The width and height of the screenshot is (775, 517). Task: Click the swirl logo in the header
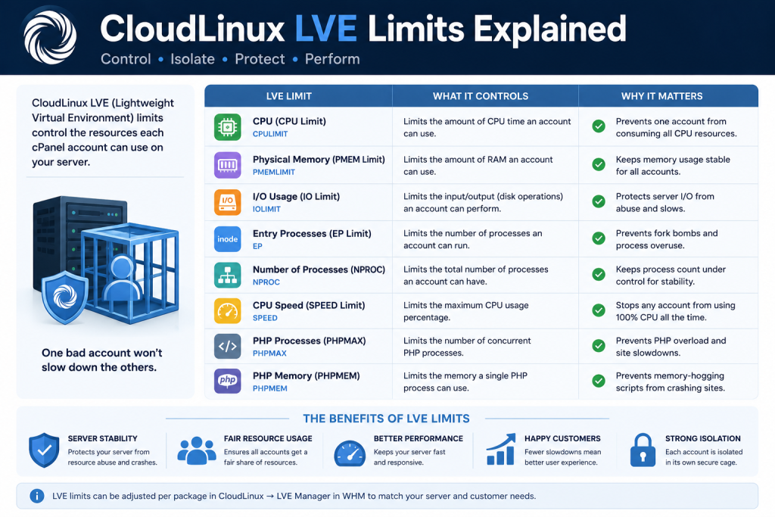pyautogui.click(x=50, y=36)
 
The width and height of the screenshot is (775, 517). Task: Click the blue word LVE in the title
pyautogui.click(x=325, y=29)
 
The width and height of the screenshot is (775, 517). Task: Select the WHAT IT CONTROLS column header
pyautogui.click(x=481, y=96)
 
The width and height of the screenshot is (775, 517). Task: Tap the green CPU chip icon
pyautogui.click(x=227, y=127)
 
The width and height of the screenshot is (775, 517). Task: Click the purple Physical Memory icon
pyautogui.click(x=227, y=164)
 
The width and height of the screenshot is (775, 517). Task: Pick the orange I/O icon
pyautogui.click(x=227, y=202)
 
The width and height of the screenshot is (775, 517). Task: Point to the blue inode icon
pyautogui.click(x=227, y=238)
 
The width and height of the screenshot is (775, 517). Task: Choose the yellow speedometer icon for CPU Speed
pyautogui.click(x=227, y=311)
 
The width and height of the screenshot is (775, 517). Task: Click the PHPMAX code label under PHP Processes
pyautogui.click(x=269, y=353)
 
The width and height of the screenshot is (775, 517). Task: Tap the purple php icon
pyautogui.click(x=227, y=381)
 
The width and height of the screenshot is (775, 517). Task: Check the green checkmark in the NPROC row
pyautogui.click(x=599, y=274)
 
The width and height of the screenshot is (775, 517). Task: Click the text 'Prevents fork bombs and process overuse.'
pyautogui.click(x=666, y=239)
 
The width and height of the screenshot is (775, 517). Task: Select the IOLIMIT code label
pyautogui.click(x=266, y=209)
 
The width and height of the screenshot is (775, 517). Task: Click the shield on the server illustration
pyautogui.click(x=65, y=297)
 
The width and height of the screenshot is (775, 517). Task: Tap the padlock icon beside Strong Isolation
pyautogui.click(x=643, y=450)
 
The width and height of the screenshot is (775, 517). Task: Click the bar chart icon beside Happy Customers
pyautogui.click(x=501, y=450)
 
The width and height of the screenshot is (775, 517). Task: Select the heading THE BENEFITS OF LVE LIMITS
pyautogui.click(x=386, y=419)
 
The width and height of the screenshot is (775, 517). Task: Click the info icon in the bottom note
pyautogui.click(x=36, y=496)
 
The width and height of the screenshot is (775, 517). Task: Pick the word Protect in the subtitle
pyautogui.click(x=260, y=59)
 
